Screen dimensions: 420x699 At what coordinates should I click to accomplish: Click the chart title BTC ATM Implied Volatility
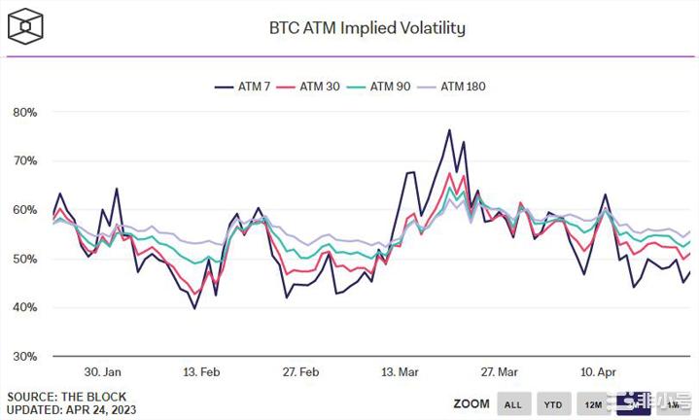coord(367,27)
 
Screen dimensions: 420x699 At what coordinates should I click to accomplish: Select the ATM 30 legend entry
coord(313,87)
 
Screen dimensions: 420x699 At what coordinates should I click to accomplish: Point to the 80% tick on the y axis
coord(24,112)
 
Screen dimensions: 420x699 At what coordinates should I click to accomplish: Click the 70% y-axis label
coord(24,160)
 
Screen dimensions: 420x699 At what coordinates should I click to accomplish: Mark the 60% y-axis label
coord(24,210)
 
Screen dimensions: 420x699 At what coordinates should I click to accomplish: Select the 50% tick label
coord(24,259)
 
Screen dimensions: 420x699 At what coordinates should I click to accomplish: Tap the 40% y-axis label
coord(24,307)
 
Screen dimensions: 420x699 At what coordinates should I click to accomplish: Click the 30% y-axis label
coord(24,356)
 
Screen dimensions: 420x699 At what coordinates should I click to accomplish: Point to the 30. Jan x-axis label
coord(102,372)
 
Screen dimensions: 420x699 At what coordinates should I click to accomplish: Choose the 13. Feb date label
coord(202,372)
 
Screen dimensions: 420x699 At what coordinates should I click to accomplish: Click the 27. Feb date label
coord(300,372)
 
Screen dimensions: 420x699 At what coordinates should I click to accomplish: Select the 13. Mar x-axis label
coord(401,372)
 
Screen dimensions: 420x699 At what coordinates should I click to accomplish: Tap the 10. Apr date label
coord(598,372)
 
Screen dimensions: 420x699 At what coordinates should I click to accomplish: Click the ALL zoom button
coord(513,403)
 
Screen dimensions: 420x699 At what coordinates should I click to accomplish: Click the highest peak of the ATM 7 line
coord(449,129)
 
